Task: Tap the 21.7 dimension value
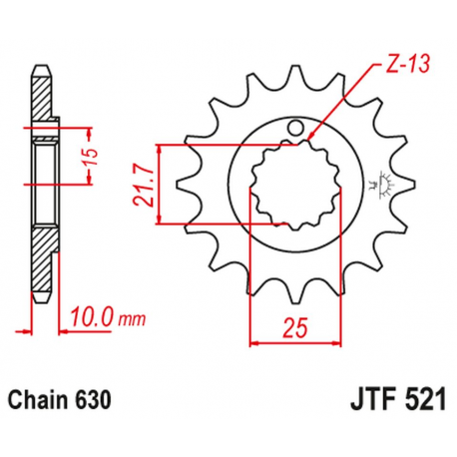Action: point(141,186)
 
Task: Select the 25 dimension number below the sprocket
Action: point(290,326)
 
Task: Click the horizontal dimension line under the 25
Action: point(288,342)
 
